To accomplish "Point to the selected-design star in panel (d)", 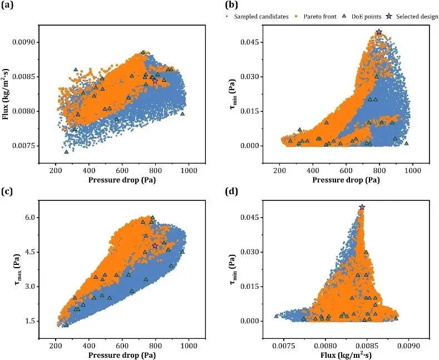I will tap(362, 207).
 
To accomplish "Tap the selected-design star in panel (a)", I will tap(155, 81).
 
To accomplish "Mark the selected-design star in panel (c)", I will tap(155, 246).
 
